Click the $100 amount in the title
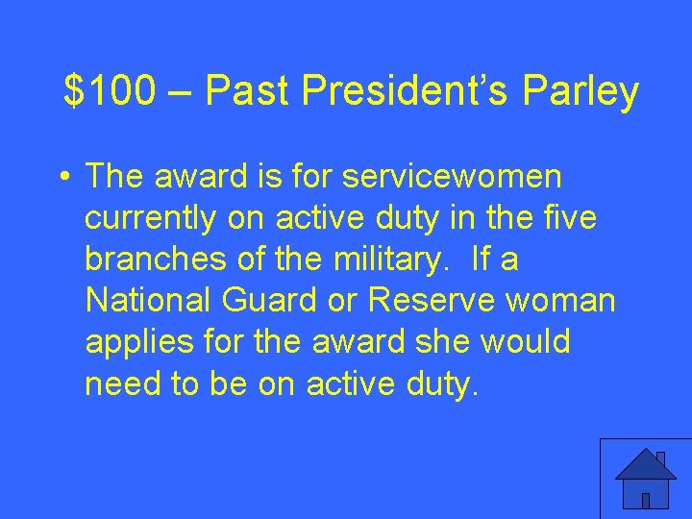click(x=109, y=92)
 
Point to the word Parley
click(x=581, y=92)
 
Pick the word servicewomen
click(x=453, y=178)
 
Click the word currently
click(x=150, y=219)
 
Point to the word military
click(x=383, y=260)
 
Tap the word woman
click(x=559, y=301)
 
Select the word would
click(x=527, y=342)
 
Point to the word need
click(x=117, y=383)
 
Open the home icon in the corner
click(x=645, y=478)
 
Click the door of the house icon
click(x=646, y=500)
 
